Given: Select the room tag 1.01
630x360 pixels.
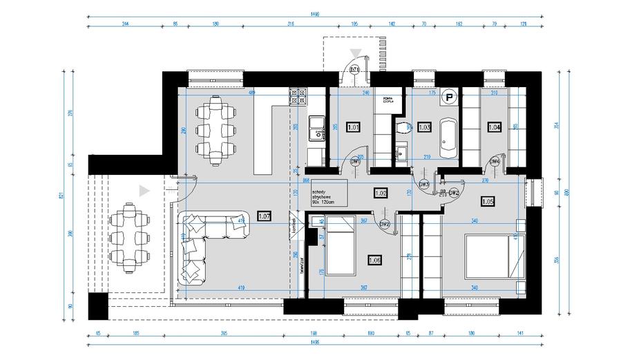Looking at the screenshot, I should [353, 127].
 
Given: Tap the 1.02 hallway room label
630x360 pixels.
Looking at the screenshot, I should [380, 193].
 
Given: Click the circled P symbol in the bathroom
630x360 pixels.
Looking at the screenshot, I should [450, 98].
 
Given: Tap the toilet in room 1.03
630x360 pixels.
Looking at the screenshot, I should [402, 126].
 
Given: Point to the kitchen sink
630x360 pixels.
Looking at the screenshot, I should [316, 124].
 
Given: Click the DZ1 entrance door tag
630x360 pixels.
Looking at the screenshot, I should [354, 70].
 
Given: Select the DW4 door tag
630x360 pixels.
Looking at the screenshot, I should [495, 162].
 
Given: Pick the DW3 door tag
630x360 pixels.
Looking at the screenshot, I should [424, 185].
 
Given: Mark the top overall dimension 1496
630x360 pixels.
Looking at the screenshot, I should [314, 13].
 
